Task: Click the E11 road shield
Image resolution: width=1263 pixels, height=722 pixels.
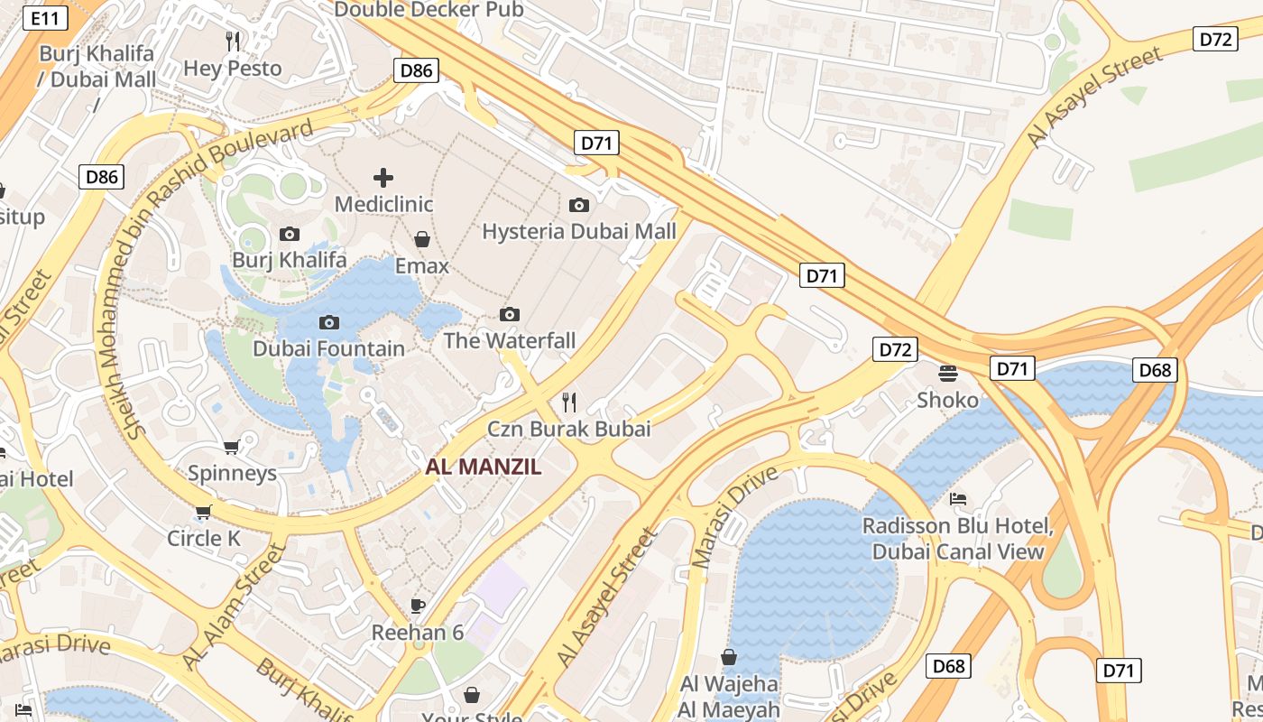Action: pos(45,18)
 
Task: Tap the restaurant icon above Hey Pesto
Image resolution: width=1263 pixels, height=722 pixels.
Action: pos(233,41)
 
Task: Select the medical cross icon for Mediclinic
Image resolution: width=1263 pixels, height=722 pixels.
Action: pos(383,177)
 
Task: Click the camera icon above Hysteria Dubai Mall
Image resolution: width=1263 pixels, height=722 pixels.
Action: pos(579,205)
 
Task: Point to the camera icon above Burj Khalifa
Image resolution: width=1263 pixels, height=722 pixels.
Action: pos(290,234)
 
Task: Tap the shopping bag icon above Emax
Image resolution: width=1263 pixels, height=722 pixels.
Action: pos(421,239)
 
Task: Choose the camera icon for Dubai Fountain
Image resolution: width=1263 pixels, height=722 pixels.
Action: pos(329,322)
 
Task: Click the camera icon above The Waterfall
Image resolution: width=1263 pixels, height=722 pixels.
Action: pos(510,314)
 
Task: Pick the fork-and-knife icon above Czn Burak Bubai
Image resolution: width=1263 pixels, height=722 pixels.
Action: pos(569,402)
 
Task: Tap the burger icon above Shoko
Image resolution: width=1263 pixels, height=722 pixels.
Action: pos(947,373)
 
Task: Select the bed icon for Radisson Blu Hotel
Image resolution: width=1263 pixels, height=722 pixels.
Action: pos(958,499)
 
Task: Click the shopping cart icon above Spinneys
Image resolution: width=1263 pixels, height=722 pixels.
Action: pos(232,447)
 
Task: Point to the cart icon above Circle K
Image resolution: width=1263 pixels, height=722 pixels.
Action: pos(203,512)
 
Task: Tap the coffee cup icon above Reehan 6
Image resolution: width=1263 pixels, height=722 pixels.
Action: pos(417,606)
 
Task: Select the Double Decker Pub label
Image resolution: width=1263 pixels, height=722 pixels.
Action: pos(429,10)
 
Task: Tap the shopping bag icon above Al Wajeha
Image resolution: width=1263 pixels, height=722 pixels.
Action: pos(729,657)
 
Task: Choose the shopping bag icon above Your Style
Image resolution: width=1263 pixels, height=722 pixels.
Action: pos(471,695)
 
